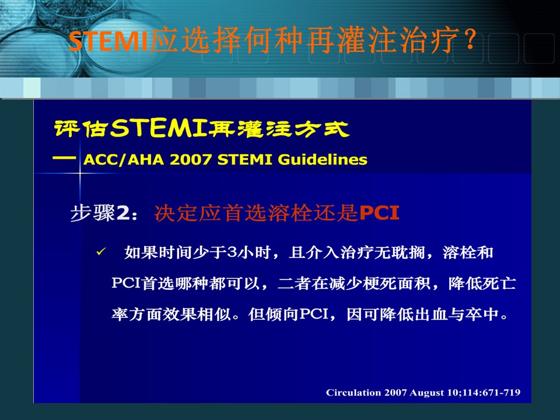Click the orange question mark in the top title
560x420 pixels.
click(471, 40)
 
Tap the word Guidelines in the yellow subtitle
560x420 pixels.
click(323, 160)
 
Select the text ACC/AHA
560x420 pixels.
click(124, 160)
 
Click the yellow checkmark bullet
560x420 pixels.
click(101, 252)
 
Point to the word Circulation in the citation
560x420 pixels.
click(353, 393)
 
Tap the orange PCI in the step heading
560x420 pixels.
click(379, 213)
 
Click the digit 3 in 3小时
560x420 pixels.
click(232, 253)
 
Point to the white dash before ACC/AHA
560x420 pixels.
click(64, 158)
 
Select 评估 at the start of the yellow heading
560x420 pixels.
click(80, 129)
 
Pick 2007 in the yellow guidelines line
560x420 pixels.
click(190, 160)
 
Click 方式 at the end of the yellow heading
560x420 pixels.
click(322, 129)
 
